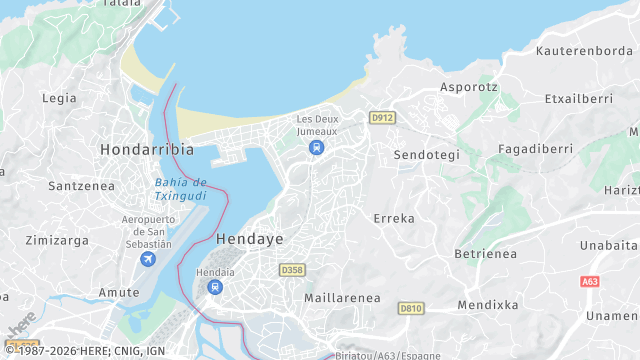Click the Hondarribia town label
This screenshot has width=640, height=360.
click(x=147, y=149)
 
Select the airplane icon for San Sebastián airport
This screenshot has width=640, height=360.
click(x=148, y=260)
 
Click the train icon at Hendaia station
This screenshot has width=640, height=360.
click(x=215, y=287)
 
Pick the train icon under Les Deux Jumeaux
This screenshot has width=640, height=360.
click(x=317, y=148)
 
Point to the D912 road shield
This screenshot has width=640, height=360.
click(x=382, y=118)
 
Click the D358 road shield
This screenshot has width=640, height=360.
click(x=292, y=270)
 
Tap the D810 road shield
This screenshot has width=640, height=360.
click(x=410, y=308)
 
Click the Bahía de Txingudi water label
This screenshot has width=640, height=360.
click(x=180, y=189)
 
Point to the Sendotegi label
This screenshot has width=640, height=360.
click(x=427, y=155)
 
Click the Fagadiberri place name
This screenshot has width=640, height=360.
click(x=535, y=149)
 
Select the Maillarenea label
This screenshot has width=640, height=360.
click(x=342, y=298)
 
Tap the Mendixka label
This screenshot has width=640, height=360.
click(x=488, y=304)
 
